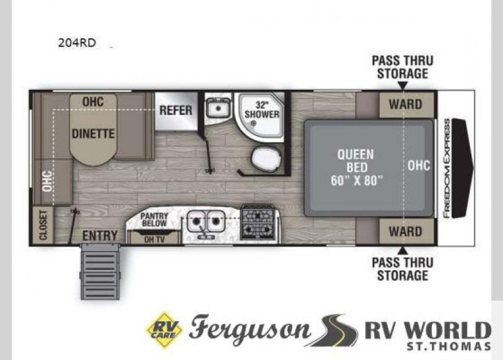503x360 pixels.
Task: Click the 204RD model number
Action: [77, 44]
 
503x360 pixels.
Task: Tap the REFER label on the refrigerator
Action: [175, 110]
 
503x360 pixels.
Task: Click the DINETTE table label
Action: [93, 133]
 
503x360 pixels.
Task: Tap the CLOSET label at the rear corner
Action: [43, 225]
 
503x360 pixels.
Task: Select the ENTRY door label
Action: [100, 235]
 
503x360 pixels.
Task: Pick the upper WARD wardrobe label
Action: [406, 104]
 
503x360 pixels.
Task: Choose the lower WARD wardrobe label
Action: [406, 231]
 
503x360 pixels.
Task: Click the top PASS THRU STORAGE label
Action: [402, 67]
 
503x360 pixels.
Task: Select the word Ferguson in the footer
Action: [250, 329]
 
